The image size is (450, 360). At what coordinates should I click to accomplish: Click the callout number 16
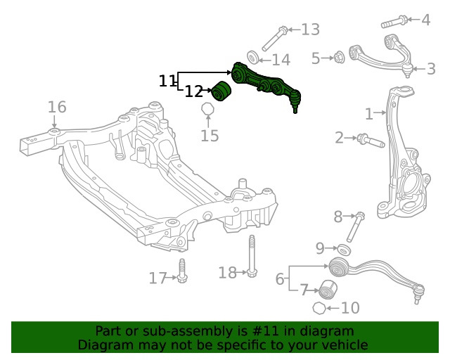(x=57, y=107)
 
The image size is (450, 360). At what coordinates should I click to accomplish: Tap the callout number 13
(x=310, y=30)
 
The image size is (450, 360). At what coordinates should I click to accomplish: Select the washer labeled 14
(x=254, y=58)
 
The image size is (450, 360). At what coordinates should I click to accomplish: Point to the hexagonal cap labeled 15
(x=207, y=110)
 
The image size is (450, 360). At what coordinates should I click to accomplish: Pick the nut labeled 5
(x=337, y=58)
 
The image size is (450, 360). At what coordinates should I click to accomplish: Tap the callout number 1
(x=369, y=114)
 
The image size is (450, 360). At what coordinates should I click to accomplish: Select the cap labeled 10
(x=319, y=308)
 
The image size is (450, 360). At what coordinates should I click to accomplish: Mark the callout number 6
(x=280, y=279)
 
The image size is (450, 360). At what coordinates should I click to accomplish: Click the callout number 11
(x=167, y=82)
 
